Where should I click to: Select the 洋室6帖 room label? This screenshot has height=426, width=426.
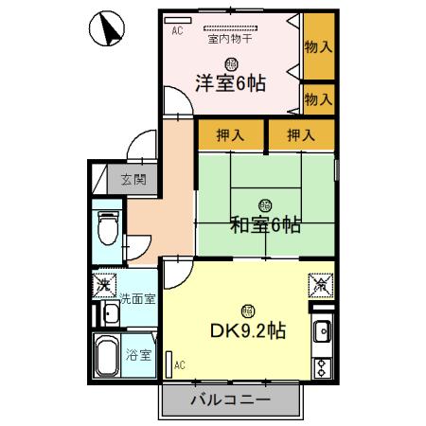(230, 81)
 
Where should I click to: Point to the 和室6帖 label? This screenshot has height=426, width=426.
(266, 224)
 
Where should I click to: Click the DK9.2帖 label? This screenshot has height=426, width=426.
(248, 332)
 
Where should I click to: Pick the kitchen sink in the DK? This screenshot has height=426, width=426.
(322, 332)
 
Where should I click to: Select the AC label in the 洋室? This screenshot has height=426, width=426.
(176, 31)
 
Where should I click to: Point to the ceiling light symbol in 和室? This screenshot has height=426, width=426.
(265, 204)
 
